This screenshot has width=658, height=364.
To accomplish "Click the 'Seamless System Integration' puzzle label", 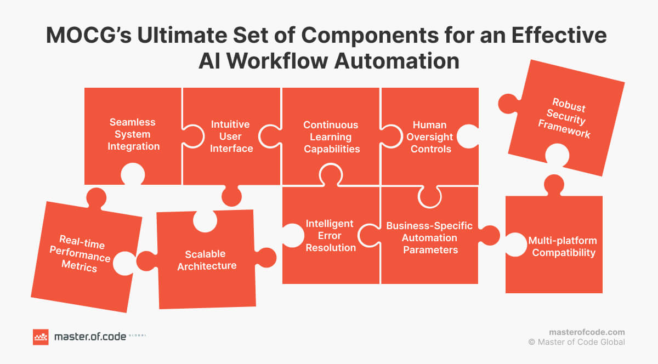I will (x=133, y=134).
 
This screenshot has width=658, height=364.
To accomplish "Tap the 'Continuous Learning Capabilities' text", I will (x=331, y=137).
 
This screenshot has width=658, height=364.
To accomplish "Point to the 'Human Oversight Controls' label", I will (x=430, y=137).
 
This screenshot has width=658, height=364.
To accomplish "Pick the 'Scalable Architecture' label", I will (x=206, y=260).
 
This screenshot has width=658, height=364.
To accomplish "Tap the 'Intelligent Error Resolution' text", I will (x=331, y=236).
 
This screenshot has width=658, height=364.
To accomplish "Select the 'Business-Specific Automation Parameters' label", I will (x=429, y=237).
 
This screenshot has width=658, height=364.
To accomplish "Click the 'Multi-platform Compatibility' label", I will (x=563, y=247).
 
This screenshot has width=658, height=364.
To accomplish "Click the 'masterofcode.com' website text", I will (x=587, y=332).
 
